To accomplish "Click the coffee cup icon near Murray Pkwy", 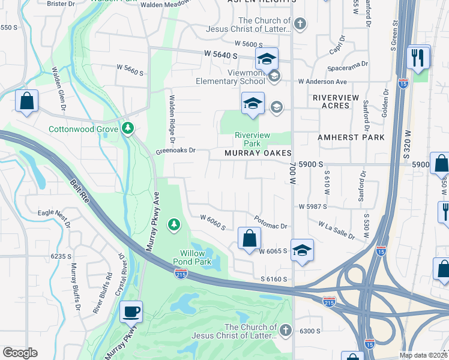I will [131, 312].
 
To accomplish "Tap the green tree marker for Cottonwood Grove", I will [127, 128].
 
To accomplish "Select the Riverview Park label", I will [247, 139].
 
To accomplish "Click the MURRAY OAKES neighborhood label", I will [258, 154].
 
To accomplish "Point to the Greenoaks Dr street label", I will [176, 151].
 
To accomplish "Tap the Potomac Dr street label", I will [271, 222].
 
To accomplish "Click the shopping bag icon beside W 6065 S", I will [249, 238].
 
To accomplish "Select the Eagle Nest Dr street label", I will [55, 218].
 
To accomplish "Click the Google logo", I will [20, 352].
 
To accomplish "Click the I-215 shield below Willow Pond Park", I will [182, 274].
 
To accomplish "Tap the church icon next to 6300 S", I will [286, 331].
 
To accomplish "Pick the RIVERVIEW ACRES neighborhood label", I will [336, 101].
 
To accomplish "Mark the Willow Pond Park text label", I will [193, 257].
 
